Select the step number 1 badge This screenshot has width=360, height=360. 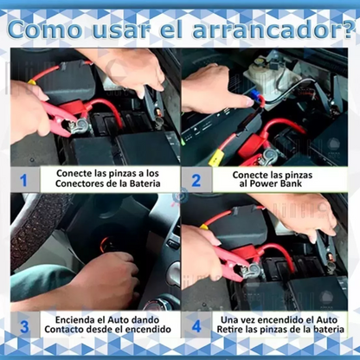coord(23,181)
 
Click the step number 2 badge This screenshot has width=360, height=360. coord(196,181)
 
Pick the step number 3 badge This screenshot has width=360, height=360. coord(23,326)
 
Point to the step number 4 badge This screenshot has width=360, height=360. coord(196,326)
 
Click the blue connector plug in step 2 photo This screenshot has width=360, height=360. coord(250,89)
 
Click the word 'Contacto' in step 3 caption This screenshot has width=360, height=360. coord(67,332)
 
